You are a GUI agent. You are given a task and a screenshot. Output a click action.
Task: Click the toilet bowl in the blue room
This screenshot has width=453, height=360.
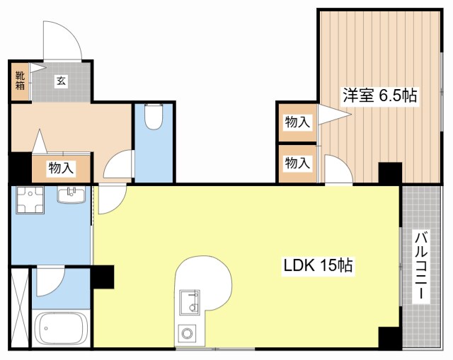[x=154, y=116]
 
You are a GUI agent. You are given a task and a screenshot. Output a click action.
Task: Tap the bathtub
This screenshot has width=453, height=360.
[x=61, y=328]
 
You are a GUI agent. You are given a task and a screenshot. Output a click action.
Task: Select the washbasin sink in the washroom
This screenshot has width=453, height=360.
[x=71, y=195]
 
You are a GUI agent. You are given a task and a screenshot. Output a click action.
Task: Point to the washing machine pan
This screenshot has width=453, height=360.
[x=30, y=199]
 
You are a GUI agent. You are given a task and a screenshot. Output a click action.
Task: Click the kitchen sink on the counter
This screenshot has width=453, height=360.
[x=190, y=302]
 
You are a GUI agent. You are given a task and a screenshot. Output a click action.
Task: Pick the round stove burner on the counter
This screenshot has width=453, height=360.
[x=187, y=333]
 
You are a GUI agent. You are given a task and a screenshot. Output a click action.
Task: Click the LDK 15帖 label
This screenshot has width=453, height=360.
[x=318, y=265]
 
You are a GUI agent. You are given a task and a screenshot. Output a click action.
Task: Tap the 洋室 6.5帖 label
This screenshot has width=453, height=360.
[x=379, y=95]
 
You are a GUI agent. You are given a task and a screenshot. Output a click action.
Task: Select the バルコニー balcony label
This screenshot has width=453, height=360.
[x=421, y=266]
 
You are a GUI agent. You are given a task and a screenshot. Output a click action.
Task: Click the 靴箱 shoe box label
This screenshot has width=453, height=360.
[x=20, y=81]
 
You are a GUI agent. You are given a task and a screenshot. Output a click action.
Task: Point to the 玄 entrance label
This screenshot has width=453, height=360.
[x=61, y=81]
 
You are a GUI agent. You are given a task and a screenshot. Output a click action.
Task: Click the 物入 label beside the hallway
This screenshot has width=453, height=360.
[x=62, y=168]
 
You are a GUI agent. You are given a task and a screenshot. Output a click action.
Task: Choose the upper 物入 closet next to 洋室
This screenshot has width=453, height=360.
[x=297, y=122]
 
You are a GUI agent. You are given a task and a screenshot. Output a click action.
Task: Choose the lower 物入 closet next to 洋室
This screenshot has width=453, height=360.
[x=297, y=163]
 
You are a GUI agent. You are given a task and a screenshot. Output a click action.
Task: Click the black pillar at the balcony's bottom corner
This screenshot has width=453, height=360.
[x=390, y=338]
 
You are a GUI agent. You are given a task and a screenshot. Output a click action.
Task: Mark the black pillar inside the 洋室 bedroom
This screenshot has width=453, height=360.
[x=390, y=173]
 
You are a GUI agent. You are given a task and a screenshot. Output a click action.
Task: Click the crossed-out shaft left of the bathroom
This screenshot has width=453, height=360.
[x=20, y=308]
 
